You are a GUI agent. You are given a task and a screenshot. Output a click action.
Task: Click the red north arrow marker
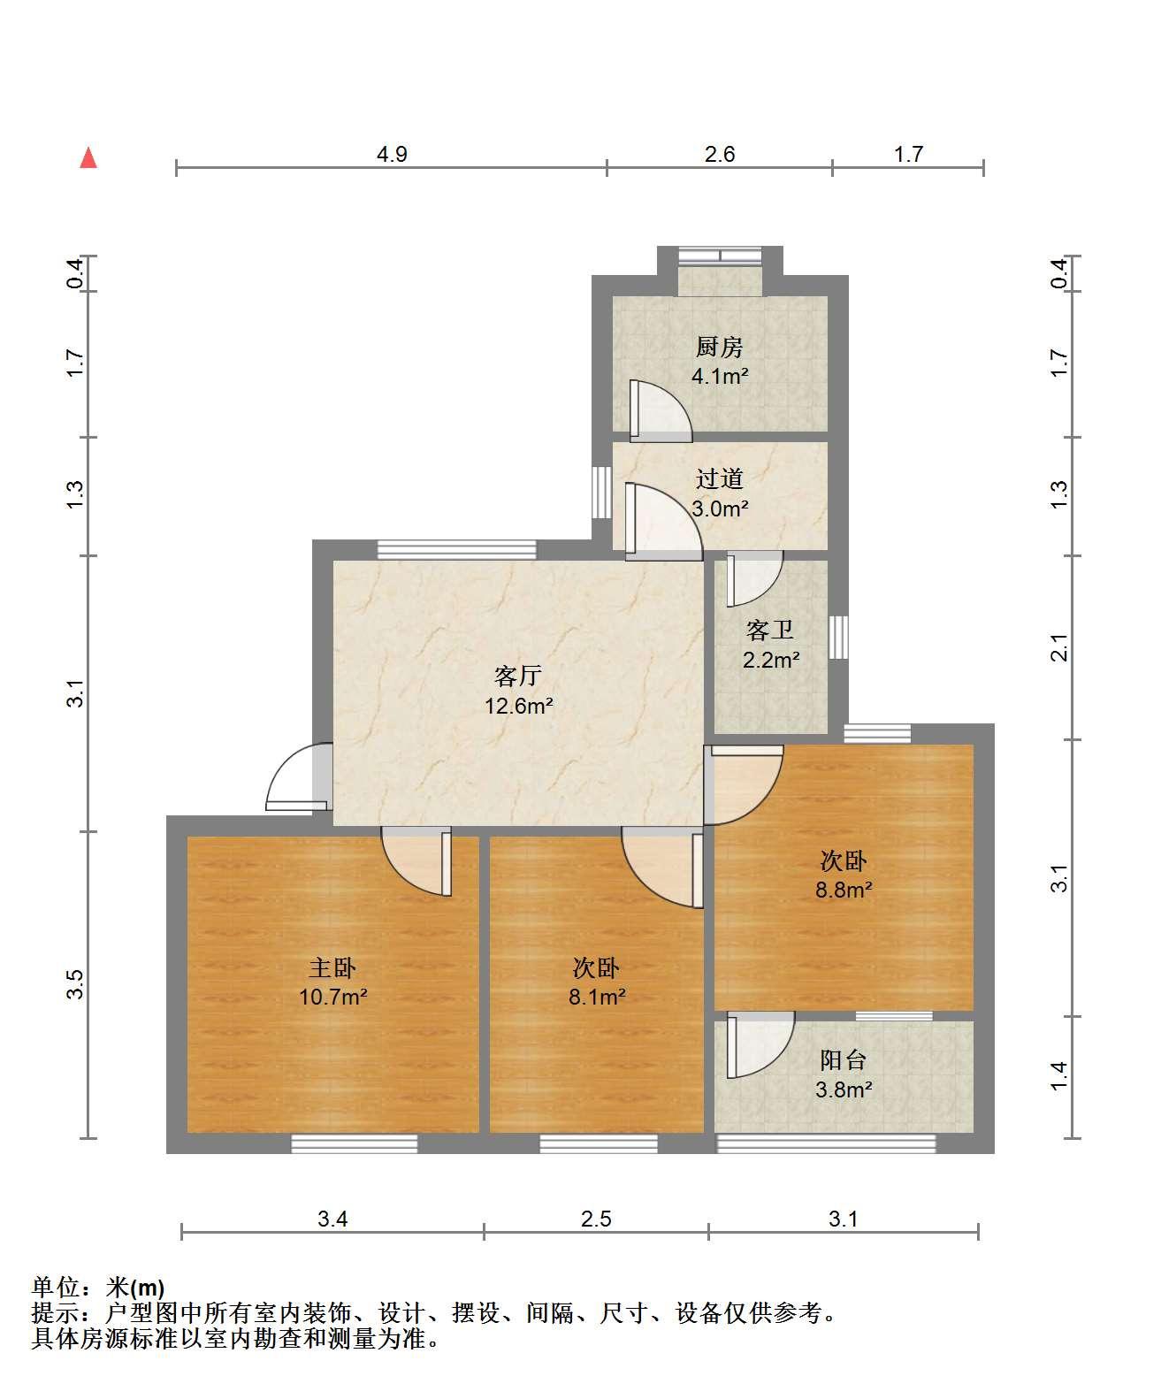[88, 157]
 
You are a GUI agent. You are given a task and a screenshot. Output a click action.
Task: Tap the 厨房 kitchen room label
[720, 347]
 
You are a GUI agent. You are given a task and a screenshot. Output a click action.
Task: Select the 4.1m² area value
[720, 376]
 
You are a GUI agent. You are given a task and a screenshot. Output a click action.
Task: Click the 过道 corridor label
[720, 478]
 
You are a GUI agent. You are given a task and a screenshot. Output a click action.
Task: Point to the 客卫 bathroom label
[770, 630]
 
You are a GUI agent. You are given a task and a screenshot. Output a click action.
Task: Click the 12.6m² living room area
[518, 706]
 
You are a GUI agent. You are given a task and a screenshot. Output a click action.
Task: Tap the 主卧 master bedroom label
[332, 967]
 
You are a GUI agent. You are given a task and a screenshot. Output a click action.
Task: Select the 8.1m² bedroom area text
[597, 997]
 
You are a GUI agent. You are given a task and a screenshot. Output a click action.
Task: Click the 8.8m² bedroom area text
[844, 890]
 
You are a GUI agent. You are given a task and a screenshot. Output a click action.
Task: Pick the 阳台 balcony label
[844, 1060]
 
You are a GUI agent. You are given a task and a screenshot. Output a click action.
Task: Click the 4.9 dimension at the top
[392, 154]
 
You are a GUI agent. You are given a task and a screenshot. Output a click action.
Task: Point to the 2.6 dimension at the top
[720, 154]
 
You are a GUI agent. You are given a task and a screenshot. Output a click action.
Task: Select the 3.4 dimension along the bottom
[332, 1219]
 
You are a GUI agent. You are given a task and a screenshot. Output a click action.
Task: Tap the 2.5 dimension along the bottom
[596, 1219]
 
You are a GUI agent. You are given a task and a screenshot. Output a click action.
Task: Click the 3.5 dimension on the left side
[75, 984]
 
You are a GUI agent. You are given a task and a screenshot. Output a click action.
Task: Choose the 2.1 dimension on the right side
[1058, 647]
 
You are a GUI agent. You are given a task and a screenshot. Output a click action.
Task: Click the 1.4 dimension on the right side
[1058, 1077]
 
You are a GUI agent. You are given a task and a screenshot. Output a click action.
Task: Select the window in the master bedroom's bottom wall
[355, 1143]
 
